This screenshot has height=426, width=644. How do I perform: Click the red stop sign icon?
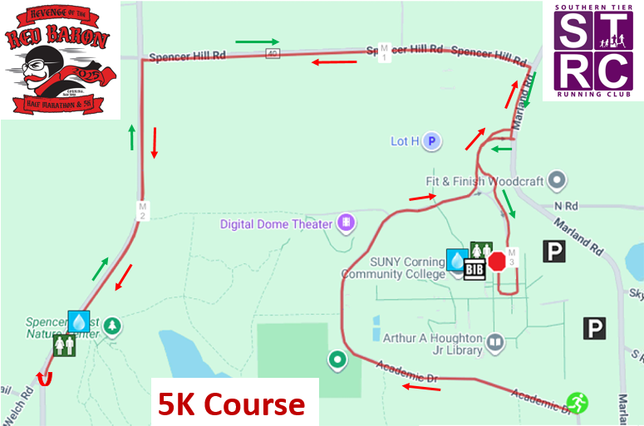[x=497, y=262]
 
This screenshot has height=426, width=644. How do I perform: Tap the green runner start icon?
[x=577, y=403]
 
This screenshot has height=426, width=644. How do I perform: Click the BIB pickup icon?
[x=474, y=269]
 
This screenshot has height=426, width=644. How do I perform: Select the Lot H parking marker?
[x=431, y=141]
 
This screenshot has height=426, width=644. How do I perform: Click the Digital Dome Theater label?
[x=276, y=224]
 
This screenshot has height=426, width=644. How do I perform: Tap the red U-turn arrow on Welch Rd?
[x=44, y=379]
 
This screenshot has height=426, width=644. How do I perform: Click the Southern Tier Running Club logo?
[x=592, y=51]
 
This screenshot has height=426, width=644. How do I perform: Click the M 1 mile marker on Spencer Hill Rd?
[x=383, y=51]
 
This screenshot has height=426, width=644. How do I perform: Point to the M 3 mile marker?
[x=512, y=257]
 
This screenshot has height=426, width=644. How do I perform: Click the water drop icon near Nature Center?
[x=79, y=321]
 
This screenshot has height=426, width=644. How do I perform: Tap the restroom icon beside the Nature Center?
[x=64, y=345]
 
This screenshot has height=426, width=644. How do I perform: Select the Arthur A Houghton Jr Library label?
[x=432, y=344]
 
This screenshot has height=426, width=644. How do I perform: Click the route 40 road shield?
[x=273, y=54]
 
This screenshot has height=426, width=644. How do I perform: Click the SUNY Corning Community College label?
[x=393, y=267]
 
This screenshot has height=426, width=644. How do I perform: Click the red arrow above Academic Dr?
[x=422, y=387]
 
